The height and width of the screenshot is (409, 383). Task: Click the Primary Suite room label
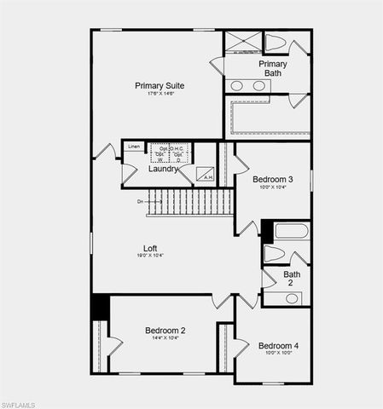coord(160,85)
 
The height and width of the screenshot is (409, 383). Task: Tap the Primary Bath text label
coord(273,68)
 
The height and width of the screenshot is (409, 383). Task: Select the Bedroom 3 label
coord(273,179)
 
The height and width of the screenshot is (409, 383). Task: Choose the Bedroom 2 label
coord(165,330)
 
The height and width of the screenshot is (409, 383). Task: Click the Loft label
coord(150,248)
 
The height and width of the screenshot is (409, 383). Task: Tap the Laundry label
coord(163,169)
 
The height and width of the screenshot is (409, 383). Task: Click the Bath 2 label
coord(293,279)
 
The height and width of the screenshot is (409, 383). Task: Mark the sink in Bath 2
coord(293,297)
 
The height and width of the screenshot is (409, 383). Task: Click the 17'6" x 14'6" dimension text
coord(160,95)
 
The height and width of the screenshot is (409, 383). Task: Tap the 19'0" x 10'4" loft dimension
coord(150,256)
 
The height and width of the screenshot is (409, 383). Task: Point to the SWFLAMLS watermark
coord(20,401)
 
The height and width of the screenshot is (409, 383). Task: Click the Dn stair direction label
coord(141,202)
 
